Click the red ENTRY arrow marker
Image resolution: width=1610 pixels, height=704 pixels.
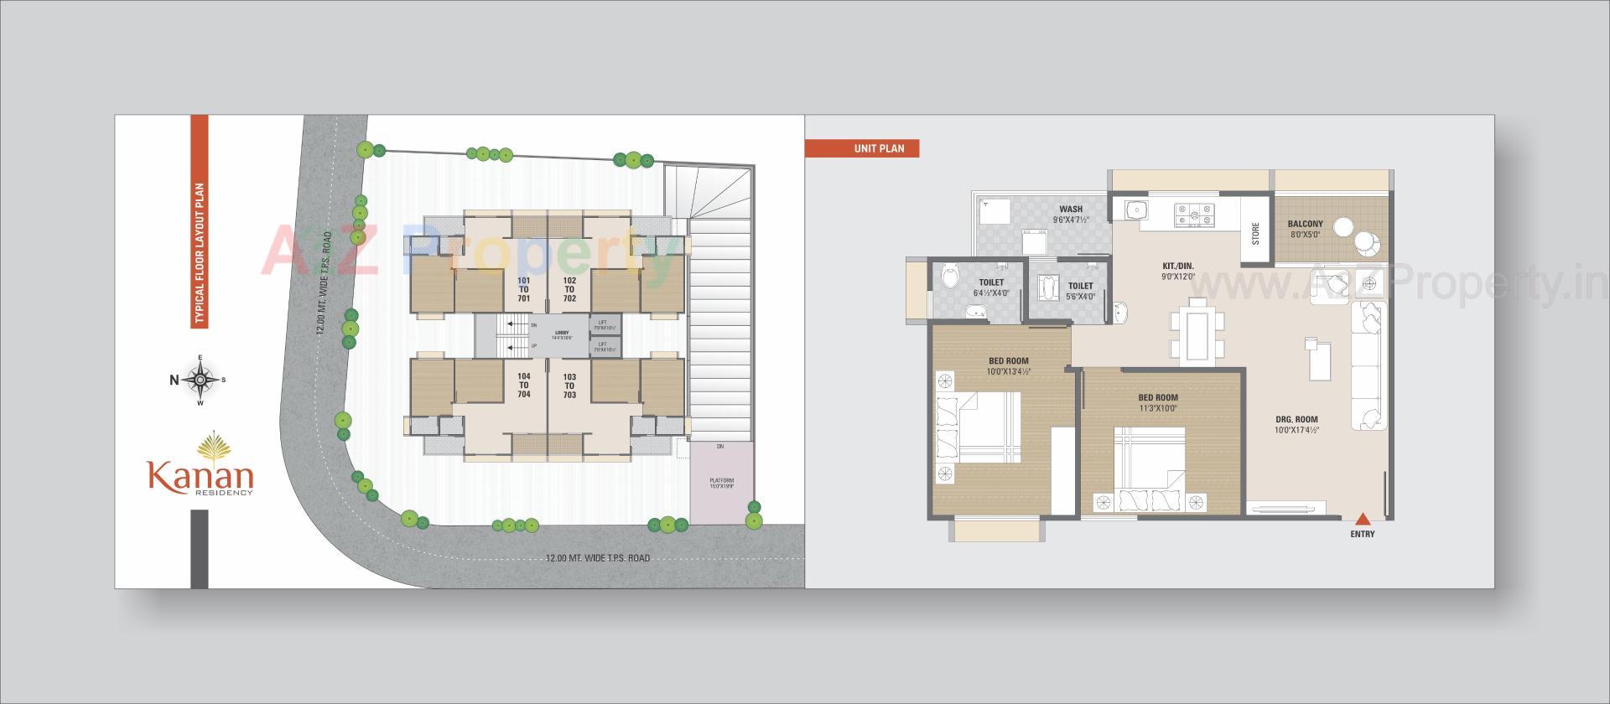[1363, 518]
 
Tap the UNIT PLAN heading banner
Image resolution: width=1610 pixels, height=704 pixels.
[861, 148]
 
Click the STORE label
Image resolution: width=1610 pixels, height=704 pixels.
[1255, 233]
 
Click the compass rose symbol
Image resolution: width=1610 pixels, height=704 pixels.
[200, 380]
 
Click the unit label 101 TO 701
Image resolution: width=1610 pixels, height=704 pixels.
[523, 289]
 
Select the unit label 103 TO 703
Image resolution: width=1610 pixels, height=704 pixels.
[569, 386]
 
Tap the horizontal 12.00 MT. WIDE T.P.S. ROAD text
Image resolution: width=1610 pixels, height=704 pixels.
[597, 558]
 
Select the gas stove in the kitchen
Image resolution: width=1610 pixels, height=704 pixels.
[1195, 214]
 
